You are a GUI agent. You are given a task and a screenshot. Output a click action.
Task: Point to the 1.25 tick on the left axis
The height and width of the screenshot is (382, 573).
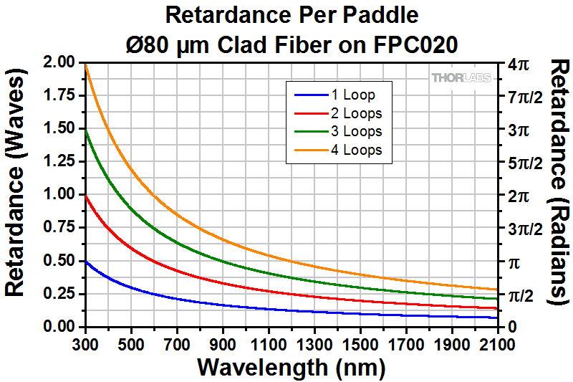pyautogui.click(x=59, y=161)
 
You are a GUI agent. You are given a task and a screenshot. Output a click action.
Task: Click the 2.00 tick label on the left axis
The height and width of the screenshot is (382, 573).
pyautogui.click(x=59, y=62)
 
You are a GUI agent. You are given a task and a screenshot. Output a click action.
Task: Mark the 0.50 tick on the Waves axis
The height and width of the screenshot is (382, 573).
pyautogui.click(x=59, y=261)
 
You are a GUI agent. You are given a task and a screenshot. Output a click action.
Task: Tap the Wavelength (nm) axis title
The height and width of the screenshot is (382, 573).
pyautogui.click(x=292, y=368)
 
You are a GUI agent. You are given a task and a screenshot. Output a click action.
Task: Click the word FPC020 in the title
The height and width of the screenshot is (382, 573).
pyautogui.click(x=413, y=44)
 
